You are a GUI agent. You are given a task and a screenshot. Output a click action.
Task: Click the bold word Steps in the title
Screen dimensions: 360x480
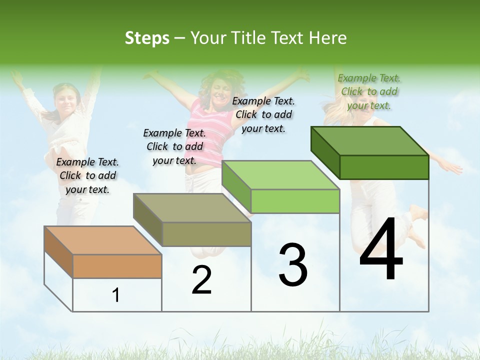point(147,38)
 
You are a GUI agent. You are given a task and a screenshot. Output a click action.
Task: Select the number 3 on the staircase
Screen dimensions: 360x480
point(293,265)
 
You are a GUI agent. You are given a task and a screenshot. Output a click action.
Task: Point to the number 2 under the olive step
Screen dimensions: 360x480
point(201,280)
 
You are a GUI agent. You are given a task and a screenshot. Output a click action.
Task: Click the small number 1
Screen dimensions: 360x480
point(116,295)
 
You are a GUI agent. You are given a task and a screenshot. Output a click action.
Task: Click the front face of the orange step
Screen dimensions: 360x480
point(117,266)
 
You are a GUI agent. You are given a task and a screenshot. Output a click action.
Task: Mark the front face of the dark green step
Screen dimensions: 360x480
point(384,167)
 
